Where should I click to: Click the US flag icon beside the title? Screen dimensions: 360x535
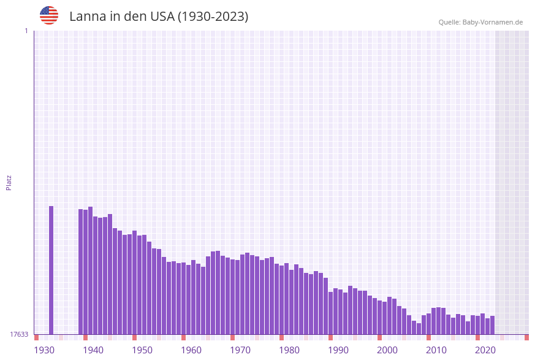coord(49,15)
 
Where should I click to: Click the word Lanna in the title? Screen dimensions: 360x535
coord(87,17)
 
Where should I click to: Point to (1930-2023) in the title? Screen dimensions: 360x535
coord(213,17)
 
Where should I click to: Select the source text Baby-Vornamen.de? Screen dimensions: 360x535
coord(492,22)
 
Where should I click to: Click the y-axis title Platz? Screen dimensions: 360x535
coord(9,182)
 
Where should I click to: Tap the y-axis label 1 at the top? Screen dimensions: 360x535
coord(26,31)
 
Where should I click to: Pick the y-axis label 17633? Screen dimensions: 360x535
coord(18,334)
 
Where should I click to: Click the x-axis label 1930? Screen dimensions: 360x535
coord(44,350)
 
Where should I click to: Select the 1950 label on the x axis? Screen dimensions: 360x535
coord(142,350)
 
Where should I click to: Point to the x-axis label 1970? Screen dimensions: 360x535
coord(240,350)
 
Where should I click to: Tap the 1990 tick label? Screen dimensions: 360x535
coord(338,350)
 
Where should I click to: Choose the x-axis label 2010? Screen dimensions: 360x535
coord(436,350)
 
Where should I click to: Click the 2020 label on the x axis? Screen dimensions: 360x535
coord(485,350)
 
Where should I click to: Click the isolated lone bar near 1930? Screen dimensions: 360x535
coord(51,270)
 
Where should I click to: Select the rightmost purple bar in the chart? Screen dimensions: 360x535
coord(492,325)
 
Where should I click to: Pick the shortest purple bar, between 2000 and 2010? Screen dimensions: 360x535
coord(419,329)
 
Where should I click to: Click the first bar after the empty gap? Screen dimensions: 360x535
coord(80,272)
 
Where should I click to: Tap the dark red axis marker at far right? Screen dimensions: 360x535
coord(526,337)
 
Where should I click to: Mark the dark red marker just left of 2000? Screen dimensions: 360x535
coord(379,337)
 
